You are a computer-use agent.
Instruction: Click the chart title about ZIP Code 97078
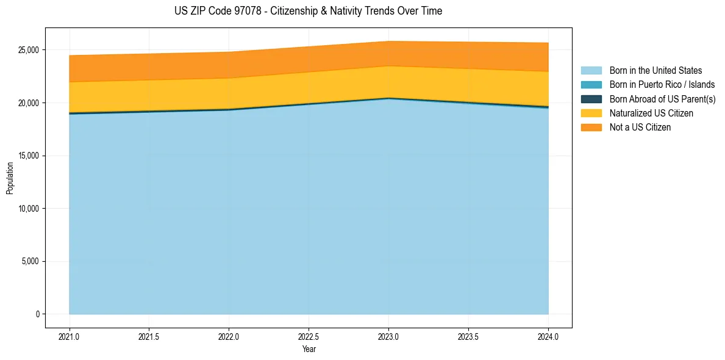(x=308, y=11)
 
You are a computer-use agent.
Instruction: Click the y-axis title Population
(x=10, y=178)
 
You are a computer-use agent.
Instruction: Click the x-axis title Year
(x=309, y=349)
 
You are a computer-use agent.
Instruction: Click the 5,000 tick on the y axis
(x=29, y=262)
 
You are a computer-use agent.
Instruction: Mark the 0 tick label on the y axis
(x=37, y=314)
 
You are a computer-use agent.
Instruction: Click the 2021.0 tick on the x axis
(x=69, y=336)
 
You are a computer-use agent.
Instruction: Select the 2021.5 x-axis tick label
(x=149, y=336)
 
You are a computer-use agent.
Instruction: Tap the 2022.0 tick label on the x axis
(x=229, y=336)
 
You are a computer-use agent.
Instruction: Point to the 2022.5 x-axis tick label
(x=309, y=336)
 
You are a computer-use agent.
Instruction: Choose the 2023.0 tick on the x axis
(x=388, y=336)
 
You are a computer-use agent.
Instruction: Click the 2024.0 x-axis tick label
(x=548, y=336)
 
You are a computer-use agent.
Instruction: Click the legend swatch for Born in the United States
(x=591, y=71)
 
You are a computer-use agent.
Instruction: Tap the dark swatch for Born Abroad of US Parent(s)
(x=591, y=99)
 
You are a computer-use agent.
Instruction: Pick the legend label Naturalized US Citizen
(x=651, y=113)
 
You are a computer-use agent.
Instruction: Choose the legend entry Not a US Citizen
(x=640, y=127)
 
